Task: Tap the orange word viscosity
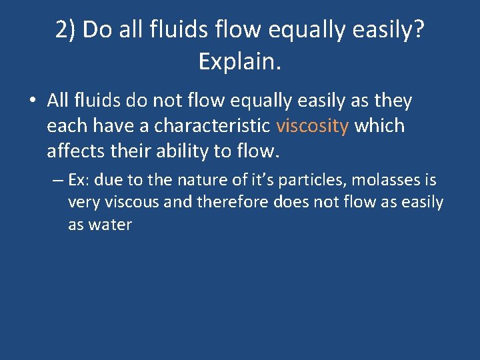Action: click(312, 126)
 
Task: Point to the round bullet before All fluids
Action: click(32, 102)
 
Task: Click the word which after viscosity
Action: click(379, 126)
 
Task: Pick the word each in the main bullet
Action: click(65, 126)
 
